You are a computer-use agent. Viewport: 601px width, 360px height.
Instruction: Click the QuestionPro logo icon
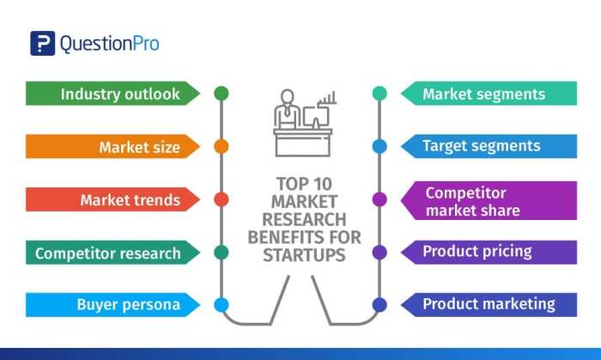42,44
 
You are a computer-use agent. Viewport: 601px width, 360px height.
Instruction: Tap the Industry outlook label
120,94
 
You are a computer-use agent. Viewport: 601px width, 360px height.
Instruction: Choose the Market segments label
483,94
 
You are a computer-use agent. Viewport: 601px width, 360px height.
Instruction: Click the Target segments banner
482,146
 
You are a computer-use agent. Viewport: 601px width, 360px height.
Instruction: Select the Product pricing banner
477,252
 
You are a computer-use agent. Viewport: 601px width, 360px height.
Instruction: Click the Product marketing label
489,304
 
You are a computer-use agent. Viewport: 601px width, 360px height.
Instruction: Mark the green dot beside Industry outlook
221,93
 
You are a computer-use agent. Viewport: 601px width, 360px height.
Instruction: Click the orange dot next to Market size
221,146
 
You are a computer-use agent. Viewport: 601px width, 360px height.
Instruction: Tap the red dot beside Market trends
221,199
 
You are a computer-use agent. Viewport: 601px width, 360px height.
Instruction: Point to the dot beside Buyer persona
221,304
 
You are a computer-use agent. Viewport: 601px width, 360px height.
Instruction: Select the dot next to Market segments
379,93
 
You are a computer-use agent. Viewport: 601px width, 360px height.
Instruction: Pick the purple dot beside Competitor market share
379,199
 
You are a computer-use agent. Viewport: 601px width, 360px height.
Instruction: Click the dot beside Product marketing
379,304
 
